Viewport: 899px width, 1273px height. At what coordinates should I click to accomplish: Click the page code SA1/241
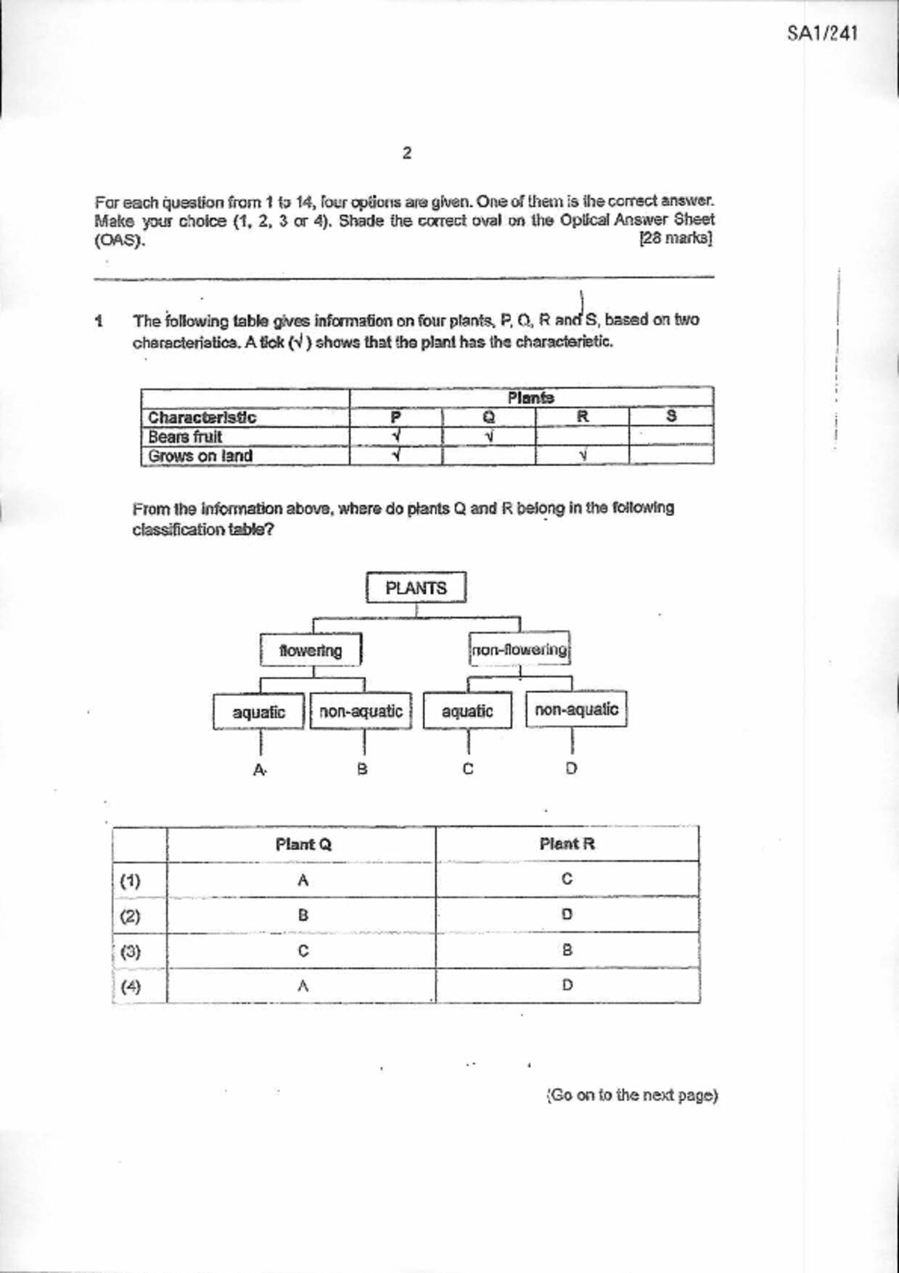coord(822,33)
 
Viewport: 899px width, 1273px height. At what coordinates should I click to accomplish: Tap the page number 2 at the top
coord(406,153)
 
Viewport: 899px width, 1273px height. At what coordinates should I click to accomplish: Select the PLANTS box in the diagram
coord(416,588)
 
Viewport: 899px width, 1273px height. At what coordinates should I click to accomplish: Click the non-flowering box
coord(520,650)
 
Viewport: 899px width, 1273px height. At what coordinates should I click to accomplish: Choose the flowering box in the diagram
coord(311,650)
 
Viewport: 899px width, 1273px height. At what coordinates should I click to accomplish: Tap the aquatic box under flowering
coord(258,712)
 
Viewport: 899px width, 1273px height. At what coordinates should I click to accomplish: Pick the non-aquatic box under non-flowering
coord(576,710)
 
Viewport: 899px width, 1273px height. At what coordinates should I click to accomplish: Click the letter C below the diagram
coord(468,769)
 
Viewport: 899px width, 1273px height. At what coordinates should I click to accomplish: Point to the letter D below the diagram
coord(572,768)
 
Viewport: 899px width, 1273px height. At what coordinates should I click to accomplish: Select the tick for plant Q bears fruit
coord(489,437)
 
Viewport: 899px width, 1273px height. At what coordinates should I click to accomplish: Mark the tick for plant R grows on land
coord(583,456)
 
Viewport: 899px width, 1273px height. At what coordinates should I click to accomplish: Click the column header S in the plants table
coord(671,416)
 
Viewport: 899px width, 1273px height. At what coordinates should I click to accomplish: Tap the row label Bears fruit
coord(185,437)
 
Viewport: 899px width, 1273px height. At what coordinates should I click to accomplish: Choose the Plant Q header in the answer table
coord(303,844)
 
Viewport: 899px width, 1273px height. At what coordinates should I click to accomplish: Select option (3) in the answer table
coord(130,951)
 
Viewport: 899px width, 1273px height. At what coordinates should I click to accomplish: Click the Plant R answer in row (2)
coord(567,914)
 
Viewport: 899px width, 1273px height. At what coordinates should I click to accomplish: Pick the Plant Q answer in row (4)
coord(303,986)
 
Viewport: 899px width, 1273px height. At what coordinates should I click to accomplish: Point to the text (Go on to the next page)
coord(632,1094)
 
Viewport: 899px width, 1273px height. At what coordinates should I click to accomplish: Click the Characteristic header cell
coord(202,417)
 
